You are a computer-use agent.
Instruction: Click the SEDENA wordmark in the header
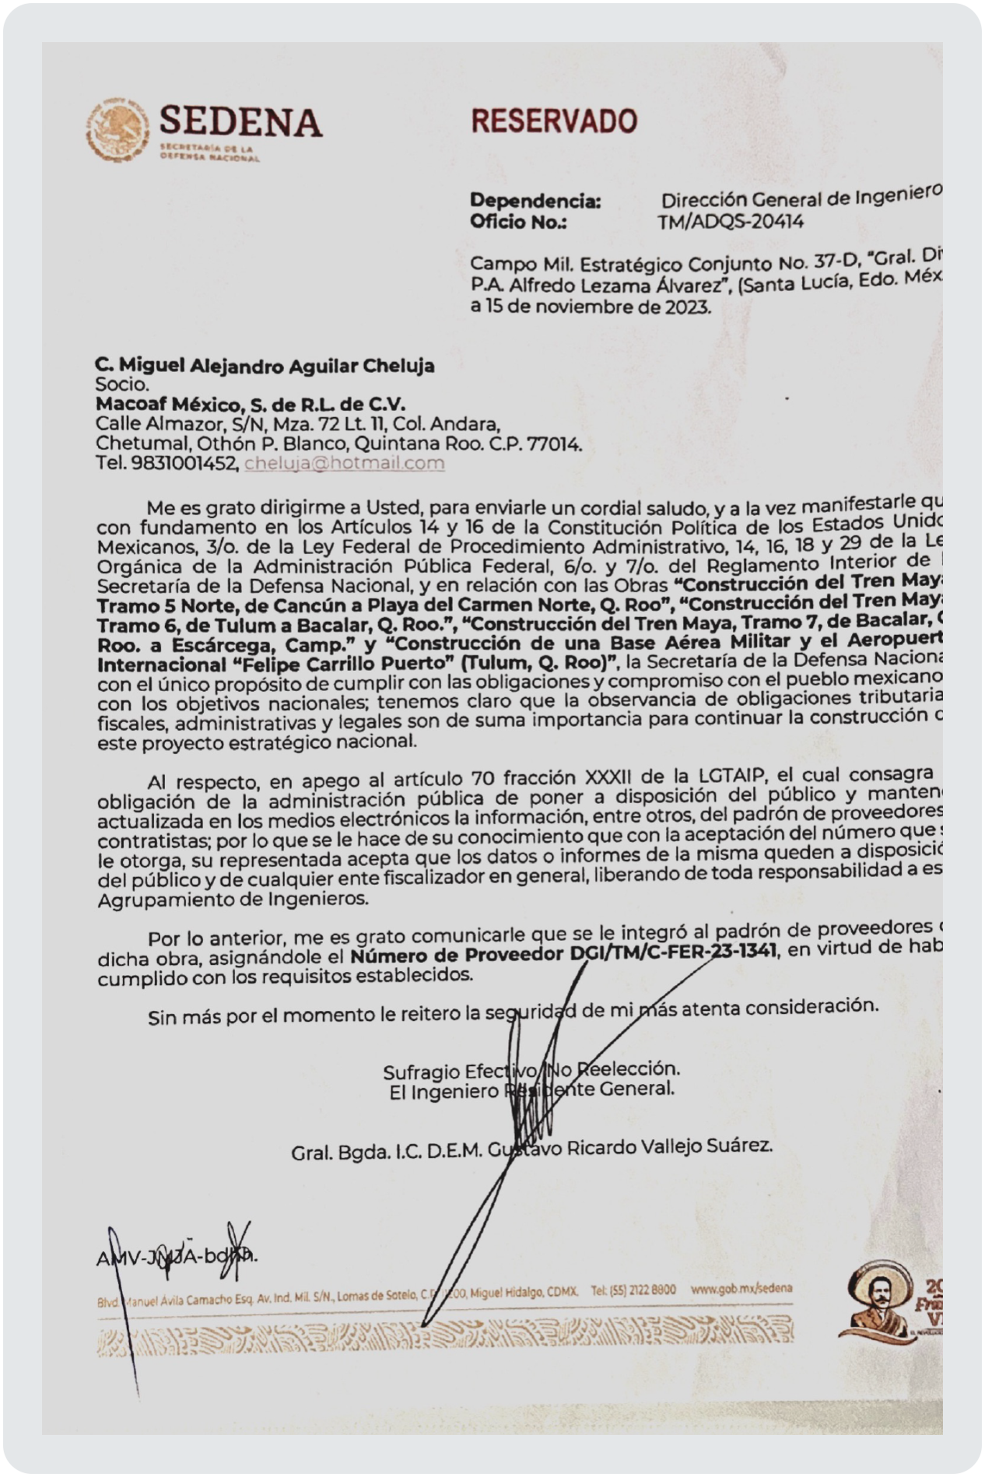tap(240, 122)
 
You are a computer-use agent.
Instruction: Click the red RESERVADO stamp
tap(554, 121)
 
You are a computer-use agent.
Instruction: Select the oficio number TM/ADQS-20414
tap(730, 223)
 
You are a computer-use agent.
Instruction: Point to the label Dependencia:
tap(535, 201)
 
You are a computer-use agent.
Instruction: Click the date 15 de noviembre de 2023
tap(598, 306)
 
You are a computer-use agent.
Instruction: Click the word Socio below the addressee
tap(121, 384)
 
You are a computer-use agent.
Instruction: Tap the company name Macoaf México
tap(178, 404)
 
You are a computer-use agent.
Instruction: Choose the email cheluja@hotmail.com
tap(344, 464)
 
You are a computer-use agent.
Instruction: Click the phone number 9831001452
tap(179, 464)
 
